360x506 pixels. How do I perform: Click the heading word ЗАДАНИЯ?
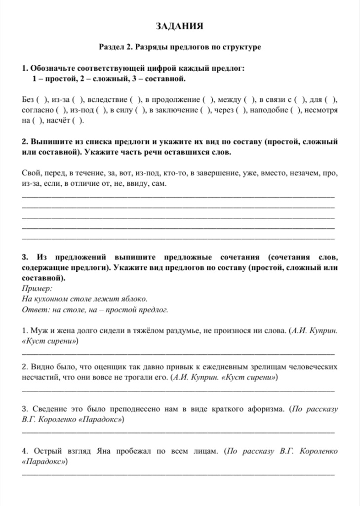click(x=180, y=26)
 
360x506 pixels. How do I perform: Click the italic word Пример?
click(x=38, y=289)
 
